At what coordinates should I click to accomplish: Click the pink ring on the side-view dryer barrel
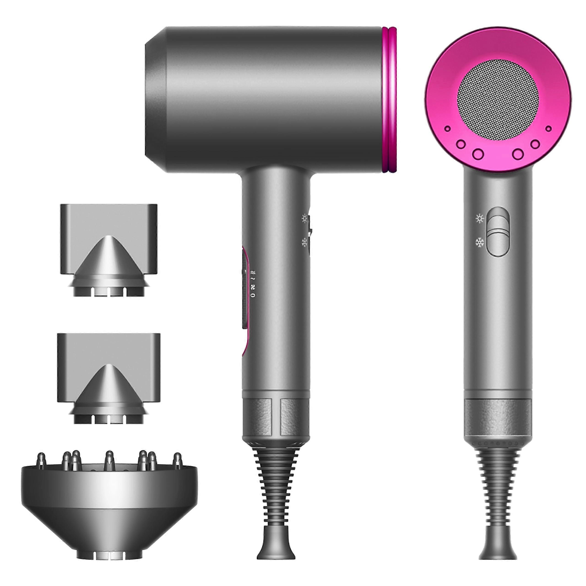pos(389,100)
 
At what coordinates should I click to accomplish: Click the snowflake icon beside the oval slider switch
pos(480,243)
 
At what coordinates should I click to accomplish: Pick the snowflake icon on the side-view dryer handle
pos(304,242)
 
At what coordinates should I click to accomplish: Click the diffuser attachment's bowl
pos(109,500)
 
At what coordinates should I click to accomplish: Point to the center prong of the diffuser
pos(109,461)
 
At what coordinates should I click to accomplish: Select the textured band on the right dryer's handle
pos(498,417)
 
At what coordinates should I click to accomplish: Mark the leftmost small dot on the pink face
pos(447,129)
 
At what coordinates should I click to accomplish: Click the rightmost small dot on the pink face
pos(548,129)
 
